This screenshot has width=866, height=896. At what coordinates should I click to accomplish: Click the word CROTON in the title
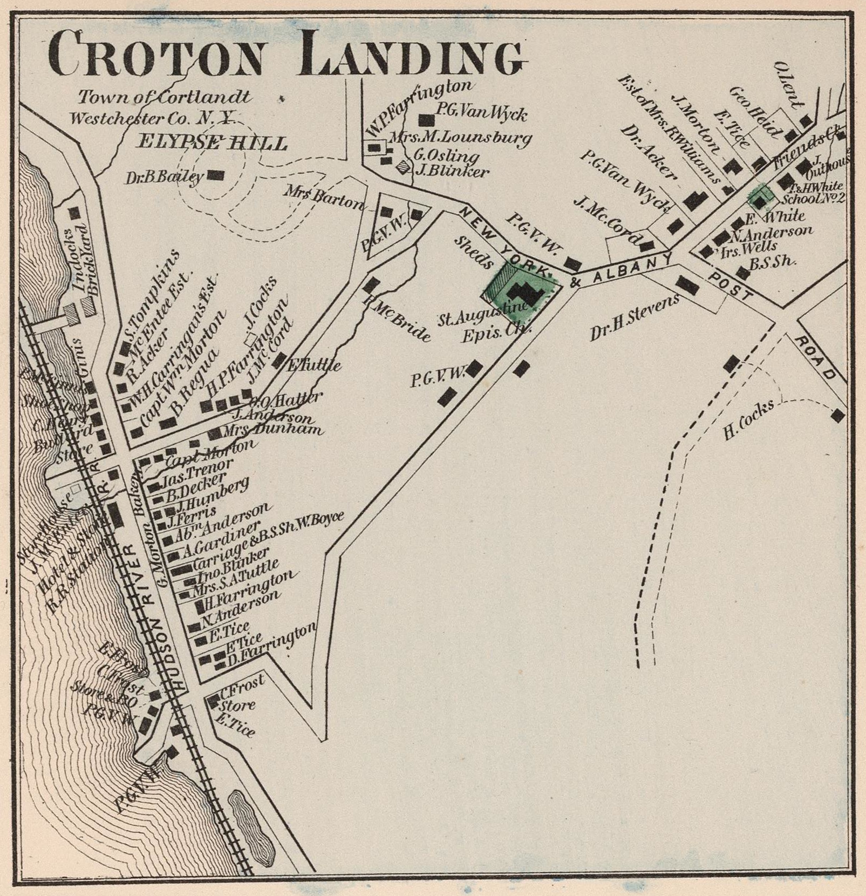[156, 54]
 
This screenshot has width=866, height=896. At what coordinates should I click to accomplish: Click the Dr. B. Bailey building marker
[216, 174]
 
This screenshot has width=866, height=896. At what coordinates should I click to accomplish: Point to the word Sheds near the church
[473, 252]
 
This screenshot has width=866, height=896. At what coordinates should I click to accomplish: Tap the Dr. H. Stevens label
[634, 318]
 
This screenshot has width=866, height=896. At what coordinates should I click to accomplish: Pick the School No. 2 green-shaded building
[760, 199]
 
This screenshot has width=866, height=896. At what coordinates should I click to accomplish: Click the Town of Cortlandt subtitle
[165, 97]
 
